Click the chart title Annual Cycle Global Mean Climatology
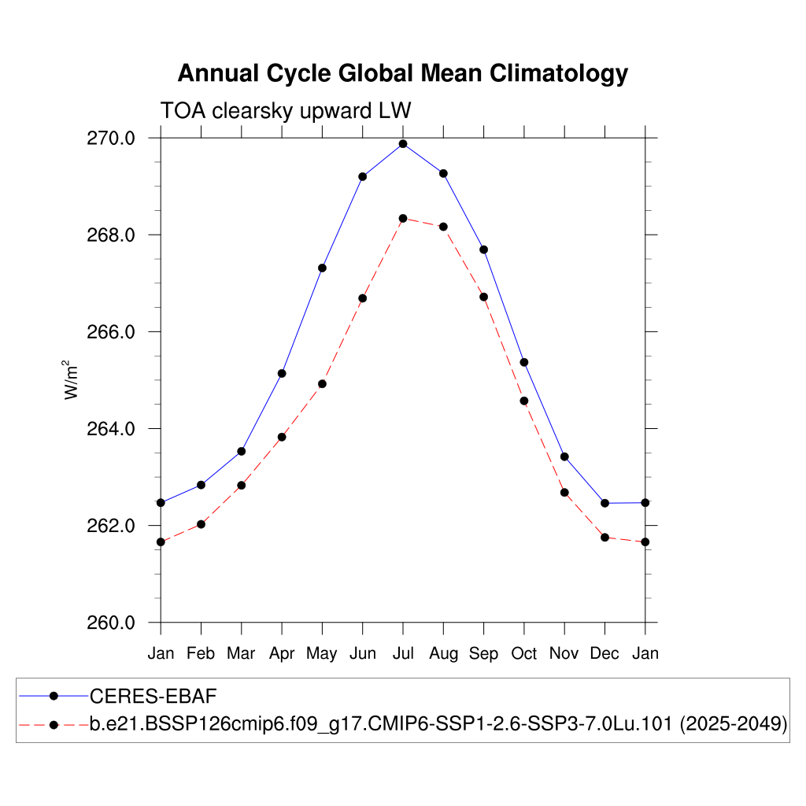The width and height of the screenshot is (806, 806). tap(402, 73)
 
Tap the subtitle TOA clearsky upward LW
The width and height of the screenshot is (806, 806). tap(286, 110)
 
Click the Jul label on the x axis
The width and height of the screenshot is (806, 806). tap(403, 653)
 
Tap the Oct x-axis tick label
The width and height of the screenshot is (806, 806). tap(524, 653)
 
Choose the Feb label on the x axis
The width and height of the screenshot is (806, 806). tap(201, 653)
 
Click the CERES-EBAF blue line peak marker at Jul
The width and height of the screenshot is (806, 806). tap(403, 144)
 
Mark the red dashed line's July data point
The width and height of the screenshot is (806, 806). tap(403, 218)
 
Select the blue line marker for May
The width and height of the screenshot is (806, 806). tap(322, 268)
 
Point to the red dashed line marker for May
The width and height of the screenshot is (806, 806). tap(322, 384)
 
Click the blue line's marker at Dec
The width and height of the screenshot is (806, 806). tap(604, 503)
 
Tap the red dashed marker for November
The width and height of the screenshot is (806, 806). tap(564, 493)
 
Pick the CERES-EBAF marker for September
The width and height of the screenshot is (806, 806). tap(483, 250)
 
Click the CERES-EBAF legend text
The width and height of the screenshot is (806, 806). tap(153, 696)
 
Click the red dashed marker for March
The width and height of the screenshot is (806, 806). tap(242, 486)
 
